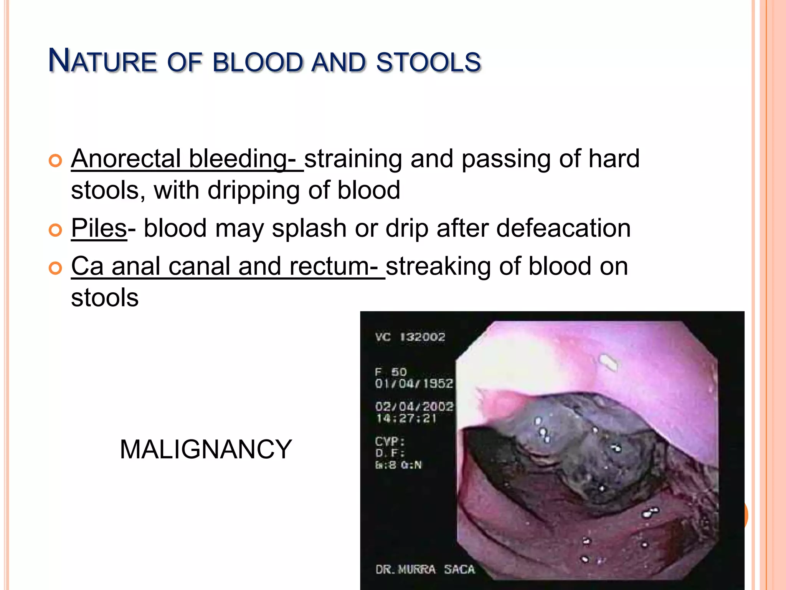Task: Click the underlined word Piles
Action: [99, 228]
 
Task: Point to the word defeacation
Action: [563, 228]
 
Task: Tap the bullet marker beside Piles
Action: [55, 230]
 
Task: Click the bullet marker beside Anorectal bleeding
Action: [55, 161]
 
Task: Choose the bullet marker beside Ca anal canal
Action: [55, 268]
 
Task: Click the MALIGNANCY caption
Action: [206, 449]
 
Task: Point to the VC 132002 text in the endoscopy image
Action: [410, 337]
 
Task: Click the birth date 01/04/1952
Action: [414, 383]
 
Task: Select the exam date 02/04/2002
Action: [414, 406]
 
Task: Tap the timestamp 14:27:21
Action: [406, 418]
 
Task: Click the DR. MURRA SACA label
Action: [425, 569]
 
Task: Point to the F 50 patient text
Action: [391, 372]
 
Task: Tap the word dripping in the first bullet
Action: [253, 190]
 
